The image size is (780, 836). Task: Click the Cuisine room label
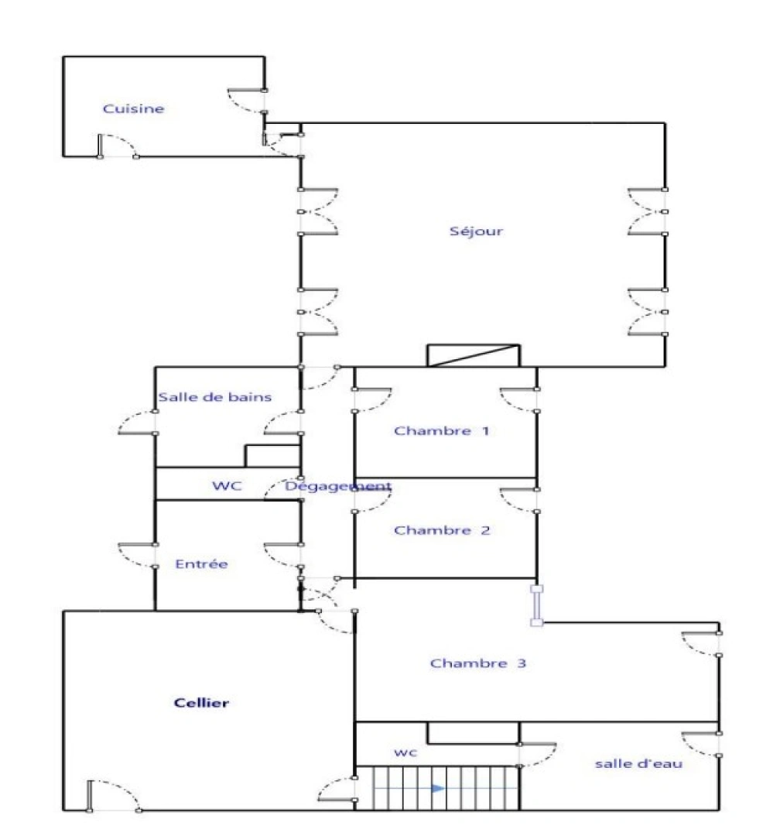[133, 109]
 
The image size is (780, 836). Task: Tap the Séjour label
[476, 231]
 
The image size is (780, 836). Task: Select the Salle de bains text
[214, 397]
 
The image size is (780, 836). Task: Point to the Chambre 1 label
[441, 431]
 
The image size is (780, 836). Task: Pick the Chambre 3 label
[478, 663]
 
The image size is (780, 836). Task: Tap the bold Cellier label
[201, 703]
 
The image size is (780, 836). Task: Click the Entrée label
[202, 564]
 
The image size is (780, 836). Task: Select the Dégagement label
[338, 486]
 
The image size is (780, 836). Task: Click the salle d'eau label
[638, 763]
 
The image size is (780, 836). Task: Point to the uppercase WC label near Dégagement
[227, 486]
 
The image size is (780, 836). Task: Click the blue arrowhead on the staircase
[438, 788]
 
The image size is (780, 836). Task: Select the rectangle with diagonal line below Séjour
[474, 355]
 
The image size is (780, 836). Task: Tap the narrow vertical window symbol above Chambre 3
[535, 605]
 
